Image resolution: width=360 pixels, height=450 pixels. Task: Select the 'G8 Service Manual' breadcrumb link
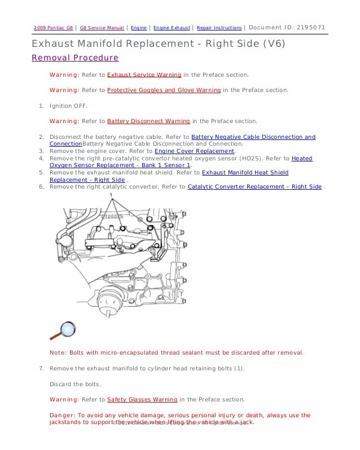pos(102,28)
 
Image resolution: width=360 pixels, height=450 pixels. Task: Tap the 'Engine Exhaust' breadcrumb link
pos(172,28)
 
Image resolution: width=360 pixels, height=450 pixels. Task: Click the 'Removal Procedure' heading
pos(74,58)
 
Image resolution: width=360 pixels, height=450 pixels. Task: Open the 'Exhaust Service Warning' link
pos(144,75)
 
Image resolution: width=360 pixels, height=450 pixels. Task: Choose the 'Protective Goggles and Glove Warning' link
pos(164,90)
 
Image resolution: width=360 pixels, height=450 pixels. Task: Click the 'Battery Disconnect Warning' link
pos(148,121)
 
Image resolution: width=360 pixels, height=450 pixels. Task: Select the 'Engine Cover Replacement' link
pos(194,151)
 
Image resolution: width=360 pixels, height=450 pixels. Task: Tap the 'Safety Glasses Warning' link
pos(142,399)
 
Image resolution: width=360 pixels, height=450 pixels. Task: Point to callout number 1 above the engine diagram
pos(112,195)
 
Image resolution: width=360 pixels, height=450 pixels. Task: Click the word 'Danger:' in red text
pos(62,415)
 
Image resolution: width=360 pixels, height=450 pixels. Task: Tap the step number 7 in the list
pos(41,368)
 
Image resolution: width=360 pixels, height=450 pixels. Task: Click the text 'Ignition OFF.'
pos(68,106)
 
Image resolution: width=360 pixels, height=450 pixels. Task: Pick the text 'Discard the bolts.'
pos(75,384)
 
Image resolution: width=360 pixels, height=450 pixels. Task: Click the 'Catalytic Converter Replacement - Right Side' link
pos(254,186)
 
